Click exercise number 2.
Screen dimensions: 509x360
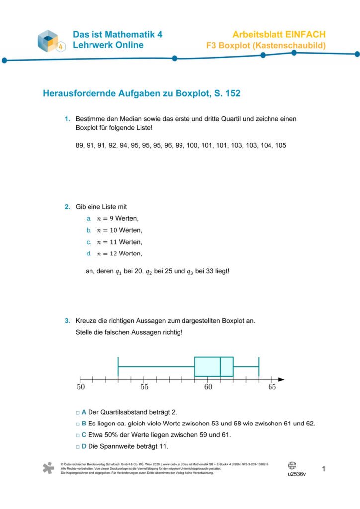point(67,207)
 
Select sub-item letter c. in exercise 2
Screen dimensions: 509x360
point(89,242)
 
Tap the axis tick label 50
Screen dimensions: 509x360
point(81,387)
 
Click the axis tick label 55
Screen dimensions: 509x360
point(144,387)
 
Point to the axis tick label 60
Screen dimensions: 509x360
point(208,387)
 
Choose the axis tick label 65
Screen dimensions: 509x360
point(271,387)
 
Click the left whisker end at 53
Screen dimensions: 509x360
point(118,367)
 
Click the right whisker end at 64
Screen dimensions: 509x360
point(259,367)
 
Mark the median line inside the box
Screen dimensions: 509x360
point(220,367)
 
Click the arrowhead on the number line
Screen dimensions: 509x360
point(281,380)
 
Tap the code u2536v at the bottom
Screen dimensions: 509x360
point(297,474)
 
